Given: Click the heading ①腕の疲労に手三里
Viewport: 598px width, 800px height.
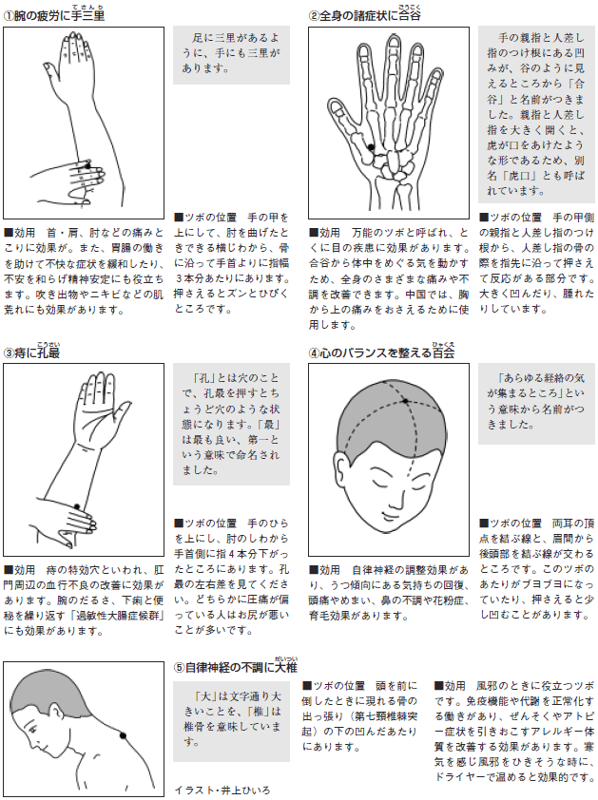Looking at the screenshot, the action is click(53, 15).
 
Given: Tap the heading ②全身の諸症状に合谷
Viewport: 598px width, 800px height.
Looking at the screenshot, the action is click(365, 15).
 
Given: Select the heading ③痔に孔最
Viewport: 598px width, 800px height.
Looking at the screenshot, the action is click(31, 352).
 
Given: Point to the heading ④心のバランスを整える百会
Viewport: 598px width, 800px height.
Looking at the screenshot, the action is click(381, 352).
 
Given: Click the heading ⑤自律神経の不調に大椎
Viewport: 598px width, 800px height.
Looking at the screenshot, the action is click(236, 666).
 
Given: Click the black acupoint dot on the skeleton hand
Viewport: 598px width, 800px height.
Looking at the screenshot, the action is click(371, 147).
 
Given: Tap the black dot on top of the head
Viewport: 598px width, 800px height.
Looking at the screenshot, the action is click(405, 401).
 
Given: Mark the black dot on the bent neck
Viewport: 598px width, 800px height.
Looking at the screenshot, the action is click(123, 735).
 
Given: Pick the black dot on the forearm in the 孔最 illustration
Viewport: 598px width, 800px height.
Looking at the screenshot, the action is click(77, 506).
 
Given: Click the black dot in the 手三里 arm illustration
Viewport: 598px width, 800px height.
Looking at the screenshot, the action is click(87, 166).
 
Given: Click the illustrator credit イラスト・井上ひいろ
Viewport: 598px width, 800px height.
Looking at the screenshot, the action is click(222, 790).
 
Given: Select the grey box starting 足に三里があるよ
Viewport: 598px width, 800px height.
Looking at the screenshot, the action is click(231, 55).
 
